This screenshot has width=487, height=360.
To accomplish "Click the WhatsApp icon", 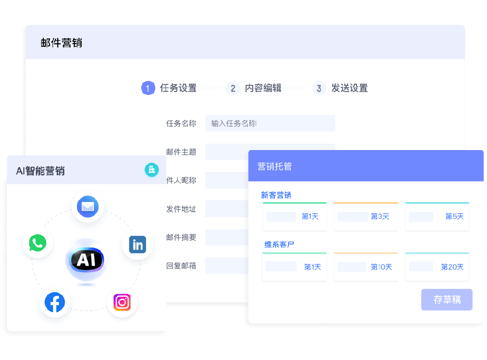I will (37, 243).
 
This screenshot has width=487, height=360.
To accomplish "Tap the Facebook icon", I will (55, 302).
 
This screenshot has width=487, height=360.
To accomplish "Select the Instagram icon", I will (122, 302).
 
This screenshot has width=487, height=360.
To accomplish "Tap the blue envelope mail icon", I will (88, 207).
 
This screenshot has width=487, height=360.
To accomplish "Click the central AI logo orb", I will (86, 260).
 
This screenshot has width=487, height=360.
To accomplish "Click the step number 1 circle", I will (148, 88).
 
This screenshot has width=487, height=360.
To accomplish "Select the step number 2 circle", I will (233, 88).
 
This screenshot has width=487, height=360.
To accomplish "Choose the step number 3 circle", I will (319, 88).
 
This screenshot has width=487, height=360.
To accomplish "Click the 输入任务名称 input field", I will (270, 123).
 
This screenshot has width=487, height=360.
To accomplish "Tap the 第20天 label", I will (452, 267).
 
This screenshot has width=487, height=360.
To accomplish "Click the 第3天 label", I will (380, 216).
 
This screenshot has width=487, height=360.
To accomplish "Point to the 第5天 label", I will (454, 216).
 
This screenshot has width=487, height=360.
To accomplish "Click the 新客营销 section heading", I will (276, 195).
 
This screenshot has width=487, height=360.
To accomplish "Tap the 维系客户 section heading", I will (279, 244).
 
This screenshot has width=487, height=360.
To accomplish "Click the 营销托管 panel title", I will (274, 166).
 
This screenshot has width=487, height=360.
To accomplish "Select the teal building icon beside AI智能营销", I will (151, 170).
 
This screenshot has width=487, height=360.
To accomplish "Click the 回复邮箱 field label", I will (181, 266).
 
